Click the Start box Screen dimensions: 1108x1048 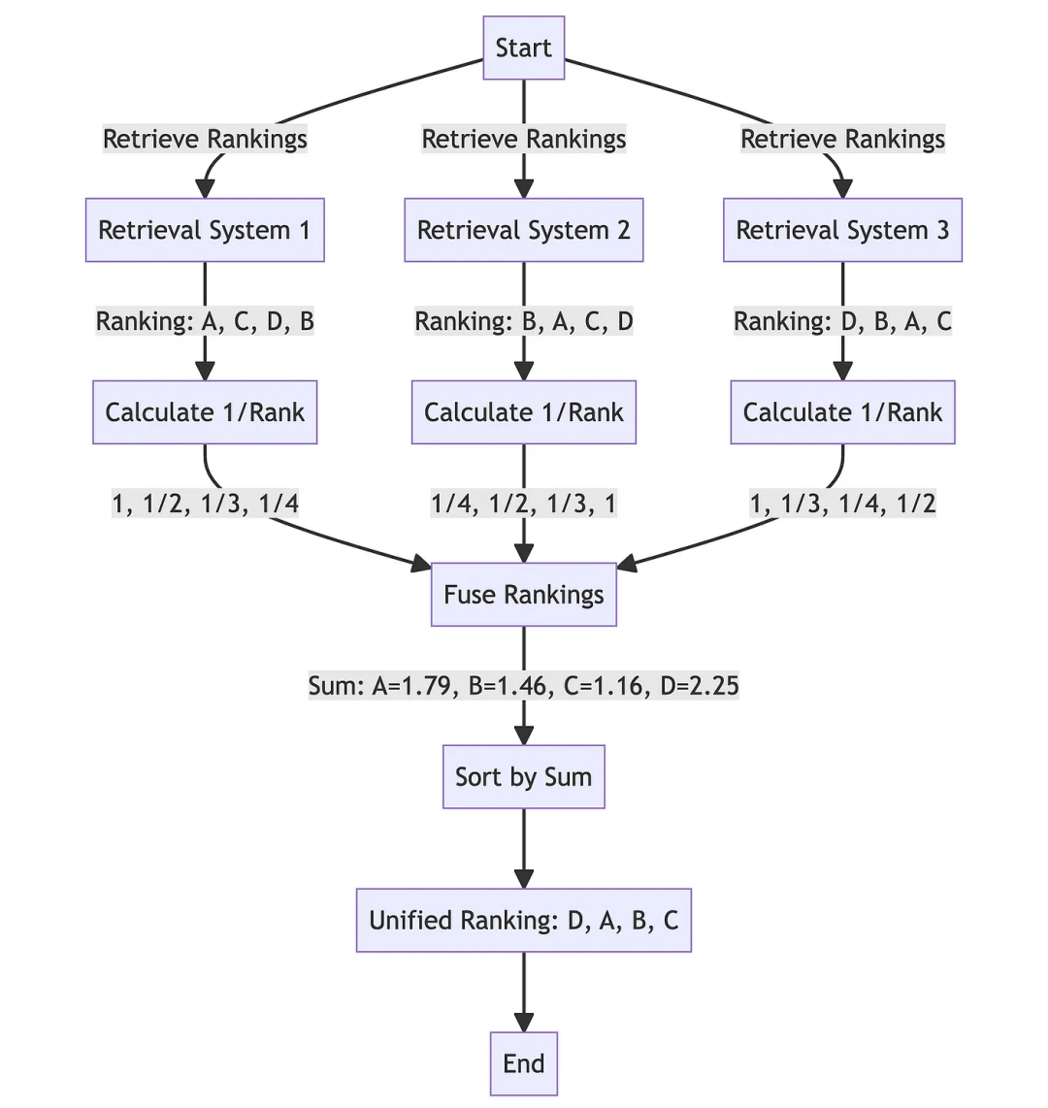point(524,48)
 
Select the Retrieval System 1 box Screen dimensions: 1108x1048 point(205,230)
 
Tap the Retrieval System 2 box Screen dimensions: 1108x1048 point(524,230)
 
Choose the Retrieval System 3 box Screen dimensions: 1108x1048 point(842,230)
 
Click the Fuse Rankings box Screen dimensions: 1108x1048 point(524,595)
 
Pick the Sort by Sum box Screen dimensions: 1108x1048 point(524,777)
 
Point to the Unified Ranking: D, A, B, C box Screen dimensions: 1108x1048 point(524,920)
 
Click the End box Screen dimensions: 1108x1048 point(524,1063)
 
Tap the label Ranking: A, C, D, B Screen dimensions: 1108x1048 point(205,321)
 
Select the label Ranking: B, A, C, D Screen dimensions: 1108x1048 point(524,321)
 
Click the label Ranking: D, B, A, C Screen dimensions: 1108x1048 point(842,321)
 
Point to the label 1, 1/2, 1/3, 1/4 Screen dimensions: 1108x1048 point(205,504)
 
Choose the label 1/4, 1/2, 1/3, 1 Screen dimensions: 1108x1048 point(524,504)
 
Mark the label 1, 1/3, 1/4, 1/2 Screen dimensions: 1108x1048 point(842,504)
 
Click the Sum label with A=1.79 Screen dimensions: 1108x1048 point(524,686)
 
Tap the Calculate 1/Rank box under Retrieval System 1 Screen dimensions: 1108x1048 point(205,412)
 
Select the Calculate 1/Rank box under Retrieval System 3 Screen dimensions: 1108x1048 point(842,412)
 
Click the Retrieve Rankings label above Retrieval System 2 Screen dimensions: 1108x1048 point(524,139)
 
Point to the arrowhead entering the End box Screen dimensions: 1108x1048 point(524,1023)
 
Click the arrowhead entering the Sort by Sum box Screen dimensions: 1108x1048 point(524,736)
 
